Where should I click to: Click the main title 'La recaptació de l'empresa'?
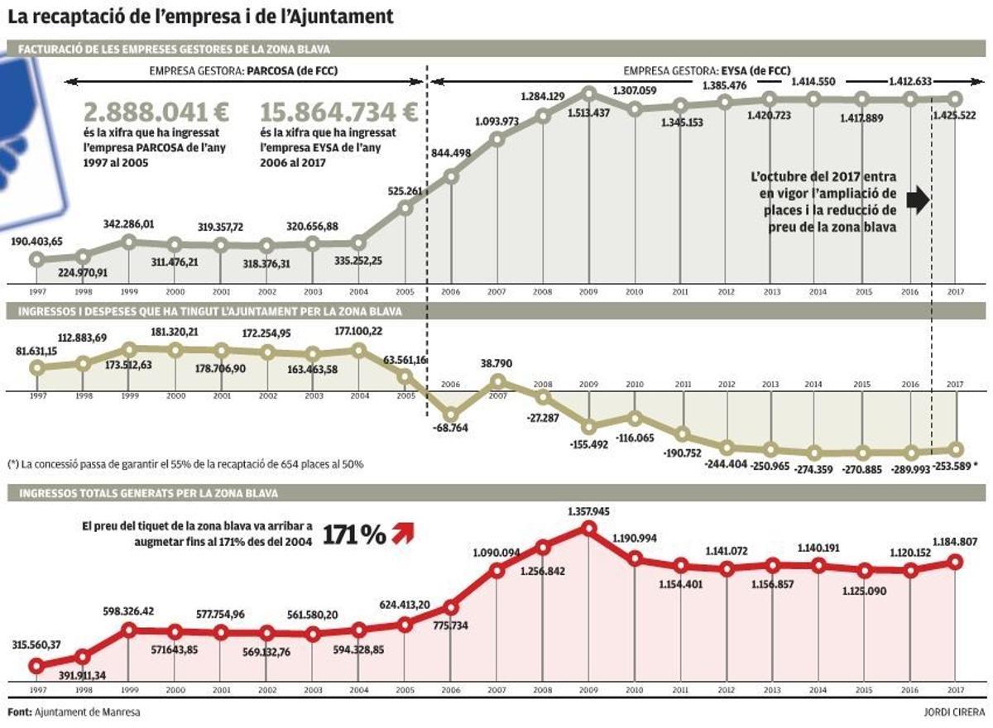point(199,16)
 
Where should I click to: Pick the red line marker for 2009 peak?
point(589,528)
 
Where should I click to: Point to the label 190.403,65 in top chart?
point(36,242)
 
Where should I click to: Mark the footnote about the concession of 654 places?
point(185,464)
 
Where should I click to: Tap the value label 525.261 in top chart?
point(405,191)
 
